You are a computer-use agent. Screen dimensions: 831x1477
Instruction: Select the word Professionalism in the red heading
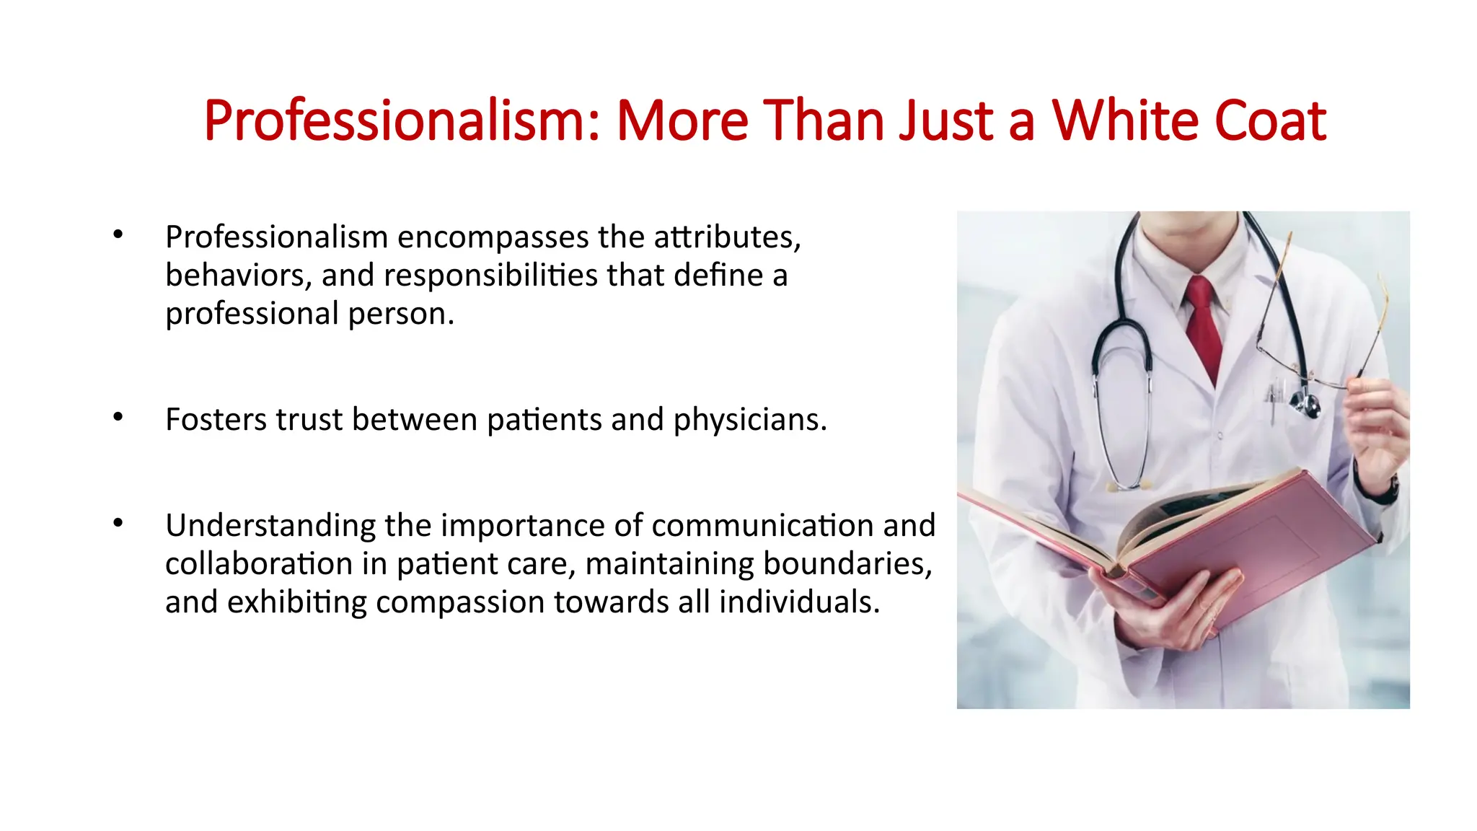pyautogui.click(x=401, y=120)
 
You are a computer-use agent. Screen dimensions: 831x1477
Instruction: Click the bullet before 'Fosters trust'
pyautogui.click(x=118, y=417)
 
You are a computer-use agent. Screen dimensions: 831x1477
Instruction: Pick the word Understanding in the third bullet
pyautogui.click(x=270, y=526)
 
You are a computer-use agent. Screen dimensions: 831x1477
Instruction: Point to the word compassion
pyautogui.click(x=459, y=602)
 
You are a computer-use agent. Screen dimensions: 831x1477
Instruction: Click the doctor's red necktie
pyautogui.click(x=1204, y=325)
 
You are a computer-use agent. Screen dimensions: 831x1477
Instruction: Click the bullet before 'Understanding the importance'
pyautogui.click(x=118, y=523)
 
